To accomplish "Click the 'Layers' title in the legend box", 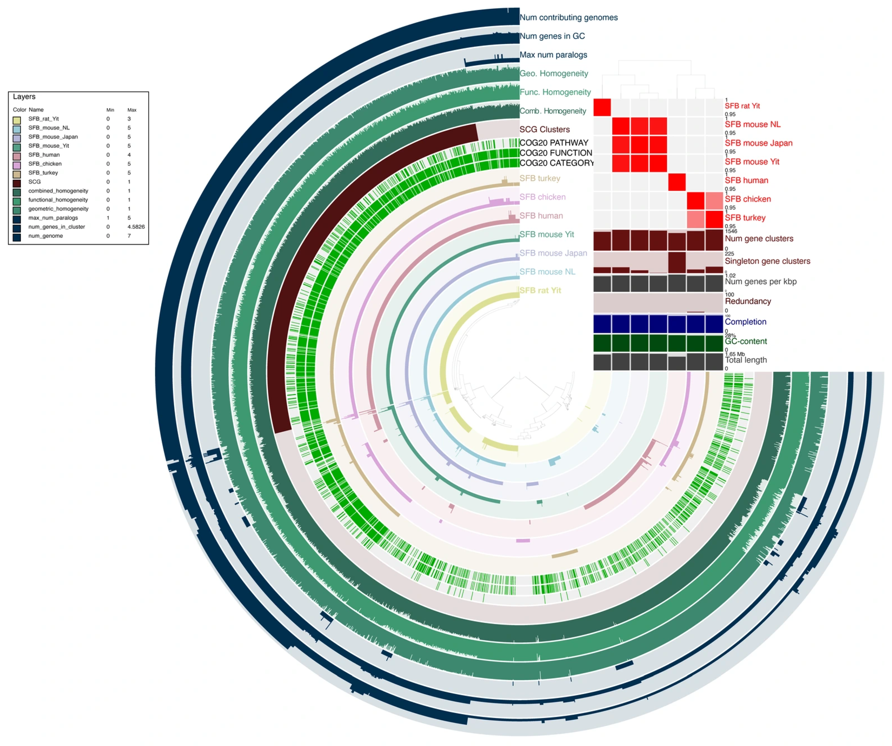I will click(x=24, y=97).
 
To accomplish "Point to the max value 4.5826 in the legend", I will click(x=136, y=227).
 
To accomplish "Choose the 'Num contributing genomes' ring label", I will click(x=568, y=17).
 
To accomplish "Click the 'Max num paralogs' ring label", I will click(x=553, y=55).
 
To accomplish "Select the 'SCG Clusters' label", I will click(x=544, y=129).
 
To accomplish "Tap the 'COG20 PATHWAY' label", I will click(x=554, y=143).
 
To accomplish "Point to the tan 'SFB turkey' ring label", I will click(x=539, y=178).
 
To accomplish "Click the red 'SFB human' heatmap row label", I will click(x=746, y=180).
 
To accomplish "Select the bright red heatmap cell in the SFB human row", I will click(x=677, y=182).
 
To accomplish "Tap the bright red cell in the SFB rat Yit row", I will click(x=602, y=107).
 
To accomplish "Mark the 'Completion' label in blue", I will click(x=746, y=322).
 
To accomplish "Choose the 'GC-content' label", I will click(x=746, y=341).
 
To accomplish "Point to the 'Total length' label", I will click(x=746, y=360).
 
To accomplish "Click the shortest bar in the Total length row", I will click(x=677, y=363).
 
